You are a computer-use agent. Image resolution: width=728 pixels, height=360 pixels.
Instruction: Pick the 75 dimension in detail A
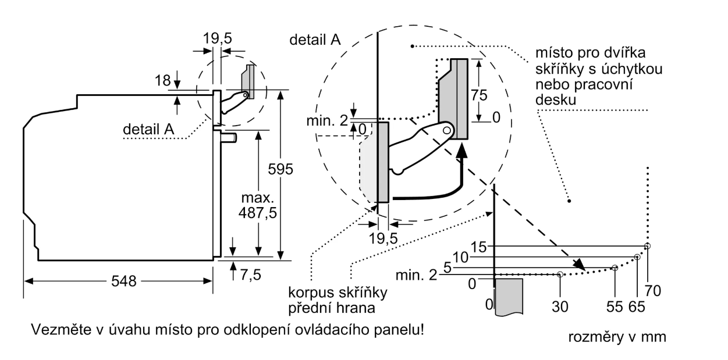click(x=479, y=96)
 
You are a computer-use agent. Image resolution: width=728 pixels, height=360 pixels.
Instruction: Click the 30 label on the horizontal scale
click(x=560, y=305)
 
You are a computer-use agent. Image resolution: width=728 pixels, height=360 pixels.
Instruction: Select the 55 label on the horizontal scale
click(x=615, y=305)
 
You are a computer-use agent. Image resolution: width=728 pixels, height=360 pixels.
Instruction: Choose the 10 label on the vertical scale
click(x=461, y=256)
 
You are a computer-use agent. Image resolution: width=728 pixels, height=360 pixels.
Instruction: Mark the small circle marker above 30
click(x=560, y=274)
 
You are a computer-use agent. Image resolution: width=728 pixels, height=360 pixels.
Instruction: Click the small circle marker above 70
click(x=648, y=246)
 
